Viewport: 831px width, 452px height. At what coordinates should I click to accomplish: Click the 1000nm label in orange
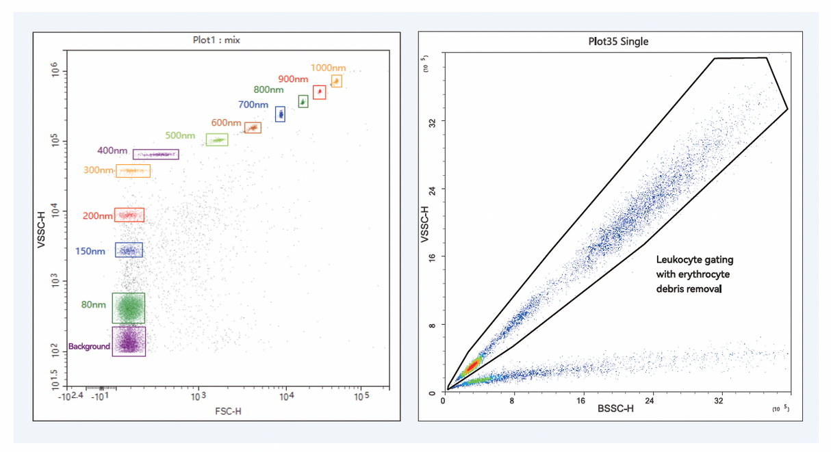click(328, 68)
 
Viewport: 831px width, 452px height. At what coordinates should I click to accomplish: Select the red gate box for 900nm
click(319, 92)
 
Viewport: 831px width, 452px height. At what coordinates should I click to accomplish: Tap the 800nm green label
click(268, 90)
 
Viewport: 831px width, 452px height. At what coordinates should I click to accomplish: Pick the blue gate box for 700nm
click(280, 114)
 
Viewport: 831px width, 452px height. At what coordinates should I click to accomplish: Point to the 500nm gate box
click(217, 139)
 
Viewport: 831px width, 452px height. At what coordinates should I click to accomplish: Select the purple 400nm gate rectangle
click(155, 155)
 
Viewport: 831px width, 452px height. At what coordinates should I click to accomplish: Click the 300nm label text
click(98, 170)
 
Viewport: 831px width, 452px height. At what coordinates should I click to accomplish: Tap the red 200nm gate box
click(129, 215)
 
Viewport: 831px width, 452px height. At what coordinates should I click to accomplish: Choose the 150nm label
click(90, 251)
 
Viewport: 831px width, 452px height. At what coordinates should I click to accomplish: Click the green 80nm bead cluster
click(129, 308)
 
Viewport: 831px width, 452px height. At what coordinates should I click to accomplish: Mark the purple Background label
click(89, 346)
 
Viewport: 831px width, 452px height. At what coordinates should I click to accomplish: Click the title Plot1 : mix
click(216, 40)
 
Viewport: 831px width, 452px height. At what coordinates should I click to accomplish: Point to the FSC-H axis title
click(227, 411)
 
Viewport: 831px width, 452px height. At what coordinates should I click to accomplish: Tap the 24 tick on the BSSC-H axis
click(650, 401)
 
